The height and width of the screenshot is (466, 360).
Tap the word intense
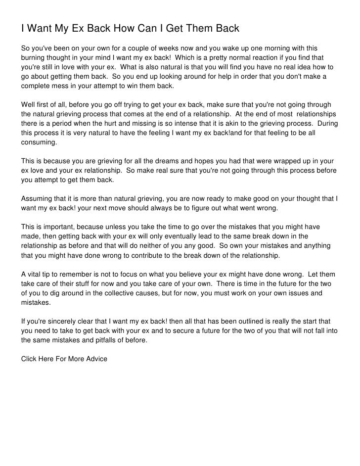click(x=192, y=124)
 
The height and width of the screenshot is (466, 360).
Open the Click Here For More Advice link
click(x=64, y=359)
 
